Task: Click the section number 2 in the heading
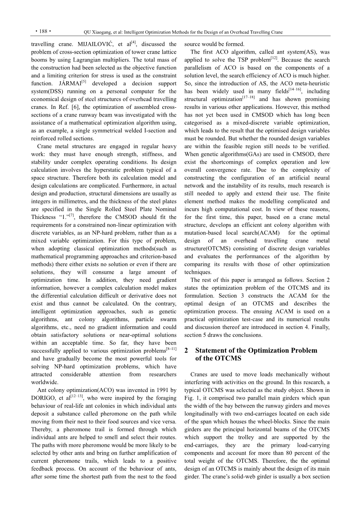[x=186, y=351]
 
